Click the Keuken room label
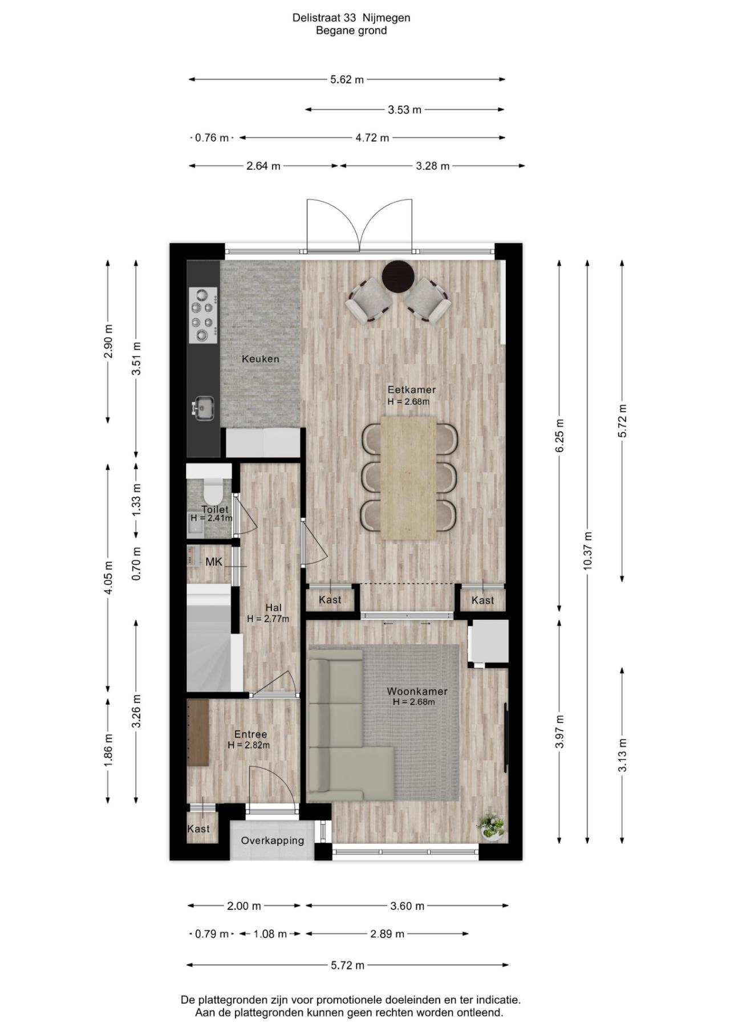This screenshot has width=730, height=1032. [x=261, y=359]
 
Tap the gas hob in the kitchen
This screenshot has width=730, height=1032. [x=203, y=315]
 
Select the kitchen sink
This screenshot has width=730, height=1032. [x=203, y=408]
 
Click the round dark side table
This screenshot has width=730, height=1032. [x=398, y=277]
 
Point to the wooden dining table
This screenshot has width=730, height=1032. [x=408, y=478]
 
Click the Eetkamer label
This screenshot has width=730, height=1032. [x=412, y=390]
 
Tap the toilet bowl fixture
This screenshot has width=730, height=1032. [x=213, y=490]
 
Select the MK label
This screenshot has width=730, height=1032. [x=214, y=562]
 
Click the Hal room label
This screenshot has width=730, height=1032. [x=273, y=608]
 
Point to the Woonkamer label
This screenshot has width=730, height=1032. [x=417, y=692]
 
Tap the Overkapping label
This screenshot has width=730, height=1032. [x=273, y=840]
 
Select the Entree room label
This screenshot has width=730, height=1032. [x=250, y=734]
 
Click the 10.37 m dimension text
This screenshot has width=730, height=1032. [x=589, y=551]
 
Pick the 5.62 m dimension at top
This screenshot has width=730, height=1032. [x=347, y=80]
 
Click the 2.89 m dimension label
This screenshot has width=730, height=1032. [x=387, y=934]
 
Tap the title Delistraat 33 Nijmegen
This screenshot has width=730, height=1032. [x=351, y=18]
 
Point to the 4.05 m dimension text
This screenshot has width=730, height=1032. [x=108, y=577]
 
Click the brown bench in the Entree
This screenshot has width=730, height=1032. [x=198, y=732]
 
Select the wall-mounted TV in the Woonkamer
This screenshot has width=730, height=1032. [x=505, y=738]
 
